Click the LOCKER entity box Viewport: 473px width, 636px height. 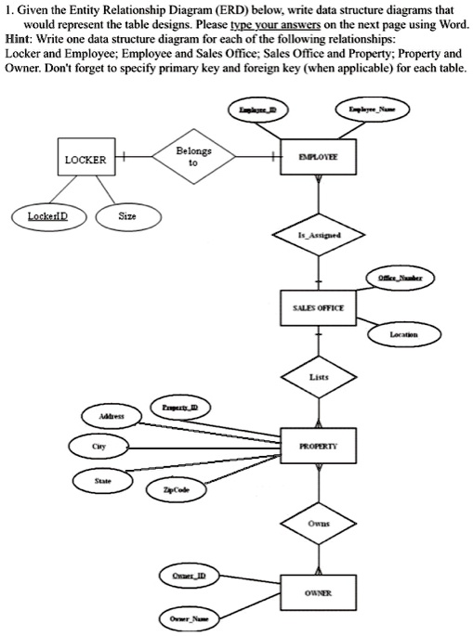click(x=85, y=160)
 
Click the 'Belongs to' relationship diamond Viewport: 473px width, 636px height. click(x=192, y=159)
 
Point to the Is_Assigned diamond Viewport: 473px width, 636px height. click(x=318, y=236)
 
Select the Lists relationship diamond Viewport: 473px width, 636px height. click(x=318, y=377)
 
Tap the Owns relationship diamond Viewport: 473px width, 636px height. click(x=318, y=521)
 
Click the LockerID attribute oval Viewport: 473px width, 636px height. click(x=45, y=217)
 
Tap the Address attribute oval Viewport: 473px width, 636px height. click(x=105, y=417)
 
